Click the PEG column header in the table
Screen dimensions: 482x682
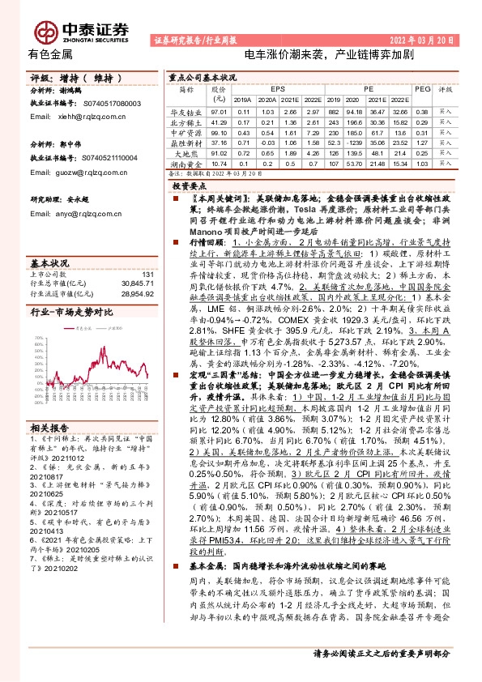tap(421, 88)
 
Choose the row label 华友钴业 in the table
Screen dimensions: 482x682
tap(187, 111)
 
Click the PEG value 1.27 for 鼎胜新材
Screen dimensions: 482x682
tap(421, 143)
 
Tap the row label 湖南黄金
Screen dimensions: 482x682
tap(187, 164)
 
